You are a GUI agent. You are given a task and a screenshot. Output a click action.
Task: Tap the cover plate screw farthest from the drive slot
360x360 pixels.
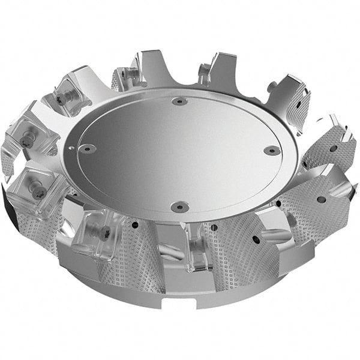point(179,101)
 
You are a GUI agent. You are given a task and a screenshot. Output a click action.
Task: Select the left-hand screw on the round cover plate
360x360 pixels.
point(88,148)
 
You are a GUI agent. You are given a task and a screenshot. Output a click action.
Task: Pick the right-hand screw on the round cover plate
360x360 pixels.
point(272,150)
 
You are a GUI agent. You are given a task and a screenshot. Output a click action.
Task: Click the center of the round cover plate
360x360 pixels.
point(180,153)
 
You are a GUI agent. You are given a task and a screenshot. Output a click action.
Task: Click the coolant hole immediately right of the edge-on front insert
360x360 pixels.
point(215,227)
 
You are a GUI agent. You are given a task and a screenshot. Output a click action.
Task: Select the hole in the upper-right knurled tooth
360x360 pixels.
point(332,148)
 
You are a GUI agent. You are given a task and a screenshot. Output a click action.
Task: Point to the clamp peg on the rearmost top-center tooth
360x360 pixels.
point(204,75)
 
